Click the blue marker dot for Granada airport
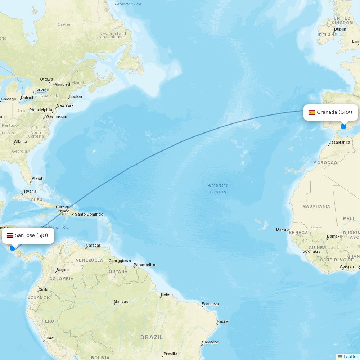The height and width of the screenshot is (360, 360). point(343,126)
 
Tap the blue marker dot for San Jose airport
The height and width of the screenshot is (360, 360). point(13,248)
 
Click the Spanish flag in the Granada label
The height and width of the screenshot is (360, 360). point(312,112)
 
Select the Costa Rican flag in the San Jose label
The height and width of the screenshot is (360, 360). point(10,235)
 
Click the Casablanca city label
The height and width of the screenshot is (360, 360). point(339,143)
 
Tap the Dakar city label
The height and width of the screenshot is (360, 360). point(282,229)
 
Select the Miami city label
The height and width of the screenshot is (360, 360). point(36,179)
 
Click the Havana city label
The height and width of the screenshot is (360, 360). point(29,191)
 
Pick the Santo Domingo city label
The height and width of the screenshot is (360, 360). point(89,214)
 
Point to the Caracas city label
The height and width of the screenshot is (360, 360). point(93,246)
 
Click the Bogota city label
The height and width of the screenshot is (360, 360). point(63,270)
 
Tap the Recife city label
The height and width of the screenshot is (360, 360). point(222,321)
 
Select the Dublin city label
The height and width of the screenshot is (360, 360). point(340,29)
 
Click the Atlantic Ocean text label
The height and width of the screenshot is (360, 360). point(218,188)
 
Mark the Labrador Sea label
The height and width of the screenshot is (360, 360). point(128,4)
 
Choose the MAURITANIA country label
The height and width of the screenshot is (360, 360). point(316,206)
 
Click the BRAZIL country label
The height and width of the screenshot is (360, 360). point(152,337)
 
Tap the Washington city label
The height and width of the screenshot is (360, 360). point(56,116)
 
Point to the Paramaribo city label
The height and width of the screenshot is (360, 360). point(144,265)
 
